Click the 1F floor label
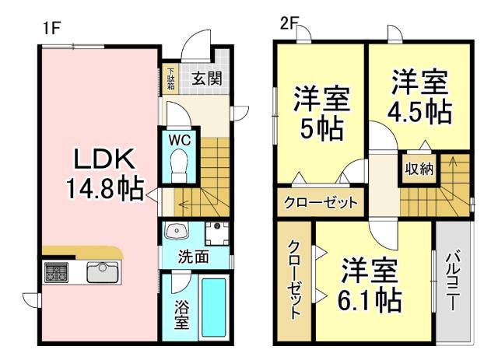click(51, 26)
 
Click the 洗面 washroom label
click(193, 255)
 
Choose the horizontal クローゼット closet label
click(321, 203)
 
